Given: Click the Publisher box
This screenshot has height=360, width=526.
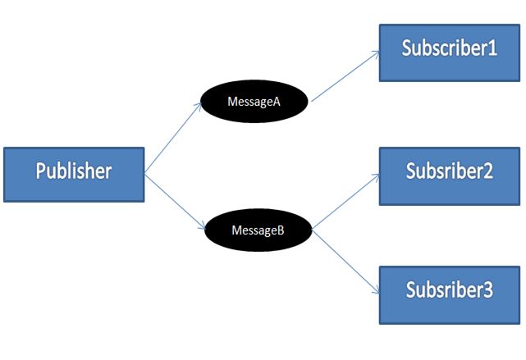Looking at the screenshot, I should (x=74, y=174).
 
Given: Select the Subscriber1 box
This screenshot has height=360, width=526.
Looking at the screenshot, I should (x=449, y=52).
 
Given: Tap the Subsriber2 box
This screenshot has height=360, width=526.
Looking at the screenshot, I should (x=449, y=175).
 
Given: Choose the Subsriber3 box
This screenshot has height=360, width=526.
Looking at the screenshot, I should (x=449, y=294).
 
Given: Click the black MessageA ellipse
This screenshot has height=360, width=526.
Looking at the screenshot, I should (x=254, y=102).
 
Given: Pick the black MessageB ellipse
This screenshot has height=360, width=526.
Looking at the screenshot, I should (x=258, y=230).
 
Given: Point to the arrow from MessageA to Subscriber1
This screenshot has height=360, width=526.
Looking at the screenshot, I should (x=345, y=75).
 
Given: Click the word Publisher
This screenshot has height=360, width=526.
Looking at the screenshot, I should (x=74, y=172).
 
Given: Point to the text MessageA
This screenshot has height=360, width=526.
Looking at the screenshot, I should (x=254, y=102).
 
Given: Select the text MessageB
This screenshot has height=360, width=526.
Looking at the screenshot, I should (x=258, y=230).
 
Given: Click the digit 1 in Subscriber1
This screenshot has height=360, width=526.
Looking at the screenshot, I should (x=492, y=48).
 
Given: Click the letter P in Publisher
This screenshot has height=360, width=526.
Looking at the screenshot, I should (x=41, y=171).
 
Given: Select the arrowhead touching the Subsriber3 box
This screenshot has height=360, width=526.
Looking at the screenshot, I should (x=375, y=292).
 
